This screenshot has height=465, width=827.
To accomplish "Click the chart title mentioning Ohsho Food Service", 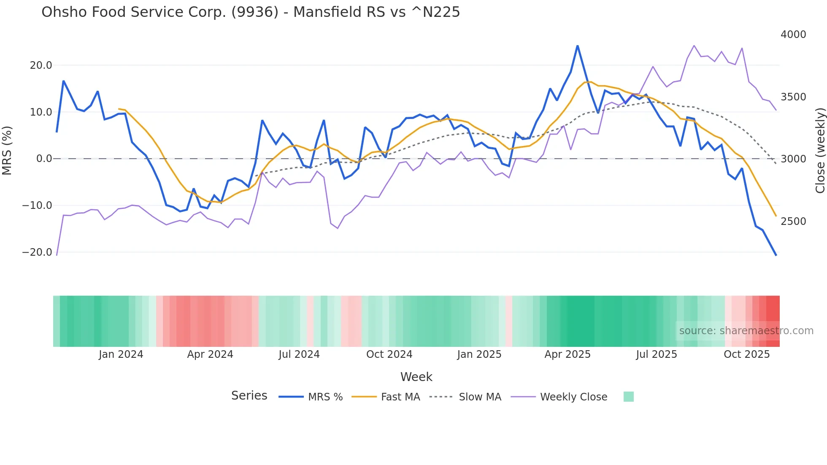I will coord(251,12).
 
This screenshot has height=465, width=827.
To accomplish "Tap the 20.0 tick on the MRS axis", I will coord(41,65).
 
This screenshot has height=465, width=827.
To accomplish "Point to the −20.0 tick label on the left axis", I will coord(37,252).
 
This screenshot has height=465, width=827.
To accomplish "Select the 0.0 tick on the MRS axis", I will coord(44,159).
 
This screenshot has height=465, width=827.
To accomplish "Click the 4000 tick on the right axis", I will coord(793,35).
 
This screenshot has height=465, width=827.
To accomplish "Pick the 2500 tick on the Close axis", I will coord(793,222).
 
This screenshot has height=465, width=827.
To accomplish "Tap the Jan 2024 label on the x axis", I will coord(121,354).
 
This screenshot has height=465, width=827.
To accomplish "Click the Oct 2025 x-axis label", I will coord(746,354).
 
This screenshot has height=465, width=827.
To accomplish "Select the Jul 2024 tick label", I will coord(299,354).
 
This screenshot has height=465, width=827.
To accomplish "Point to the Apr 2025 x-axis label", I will coord(568,354).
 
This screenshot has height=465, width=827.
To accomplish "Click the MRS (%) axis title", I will coord(7,150).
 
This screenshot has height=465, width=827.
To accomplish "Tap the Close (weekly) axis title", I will coord(820,151).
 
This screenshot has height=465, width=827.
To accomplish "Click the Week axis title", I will coord(416,377).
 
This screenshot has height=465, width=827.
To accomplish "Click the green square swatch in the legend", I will coord(628,397).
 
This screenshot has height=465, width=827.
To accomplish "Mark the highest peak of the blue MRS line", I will coord(578,46).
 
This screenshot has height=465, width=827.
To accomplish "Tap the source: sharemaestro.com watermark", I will coord(746,331).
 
